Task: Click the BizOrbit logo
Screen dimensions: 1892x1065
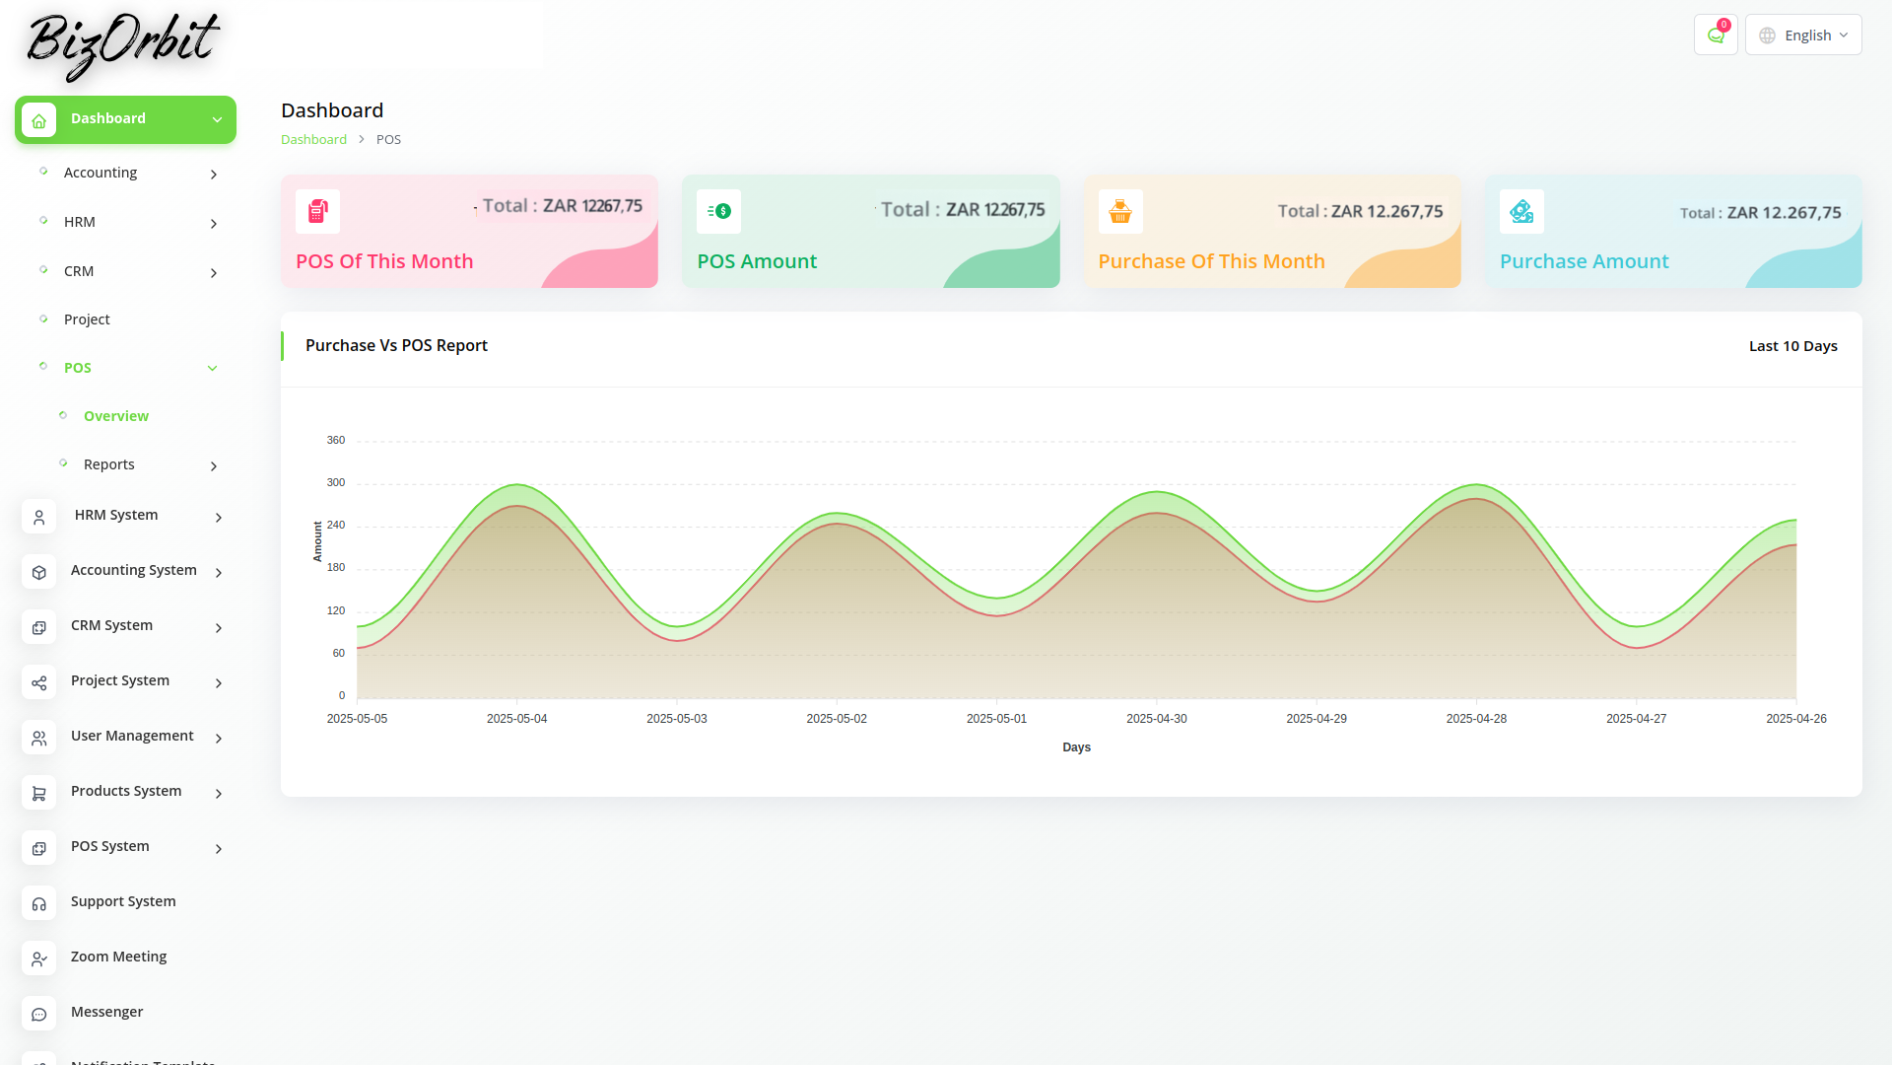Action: pyautogui.click(x=122, y=44)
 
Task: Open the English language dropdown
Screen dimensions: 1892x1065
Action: pyautogui.click(x=1803, y=35)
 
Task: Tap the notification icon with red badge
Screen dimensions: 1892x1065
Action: pyautogui.click(x=1716, y=35)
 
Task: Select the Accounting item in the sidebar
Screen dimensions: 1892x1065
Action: pyautogui.click(x=101, y=173)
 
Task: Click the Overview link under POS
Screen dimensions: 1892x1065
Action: pyautogui.click(x=116, y=416)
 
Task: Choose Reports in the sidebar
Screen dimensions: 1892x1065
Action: pyautogui.click(x=109, y=464)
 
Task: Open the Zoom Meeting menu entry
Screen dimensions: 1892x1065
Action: pyautogui.click(x=118, y=957)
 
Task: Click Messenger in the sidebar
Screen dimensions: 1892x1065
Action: pyautogui.click(x=106, y=1012)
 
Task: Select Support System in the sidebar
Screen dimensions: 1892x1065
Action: pyautogui.click(x=123, y=901)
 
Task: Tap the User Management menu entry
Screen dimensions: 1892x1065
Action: pyautogui.click(x=132, y=736)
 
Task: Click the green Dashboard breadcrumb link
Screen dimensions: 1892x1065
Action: pyautogui.click(x=313, y=139)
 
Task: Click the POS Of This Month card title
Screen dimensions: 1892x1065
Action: pyautogui.click(x=384, y=261)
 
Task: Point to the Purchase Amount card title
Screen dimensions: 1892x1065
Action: pyautogui.click(x=1585, y=261)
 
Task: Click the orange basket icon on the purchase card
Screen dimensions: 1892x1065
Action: pyautogui.click(x=1120, y=211)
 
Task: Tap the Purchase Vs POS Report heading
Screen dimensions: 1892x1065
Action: pyautogui.click(x=396, y=345)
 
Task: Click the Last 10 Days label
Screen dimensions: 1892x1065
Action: pyautogui.click(x=1793, y=346)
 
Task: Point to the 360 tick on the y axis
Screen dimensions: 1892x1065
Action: pyautogui.click(x=336, y=440)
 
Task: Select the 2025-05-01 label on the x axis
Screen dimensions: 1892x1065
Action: pyautogui.click(x=996, y=719)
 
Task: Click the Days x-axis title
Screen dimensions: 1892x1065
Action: pyautogui.click(x=1076, y=747)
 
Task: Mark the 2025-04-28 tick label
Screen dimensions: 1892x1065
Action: pyautogui.click(x=1476, y=719)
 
